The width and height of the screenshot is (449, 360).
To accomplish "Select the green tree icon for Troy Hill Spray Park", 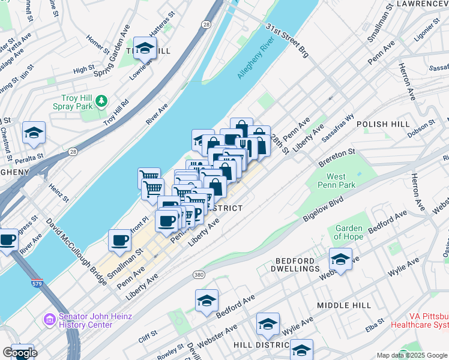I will (103, 100).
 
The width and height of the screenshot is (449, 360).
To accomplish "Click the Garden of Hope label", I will (349, 232).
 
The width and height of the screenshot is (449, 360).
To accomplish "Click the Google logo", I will (20, 353).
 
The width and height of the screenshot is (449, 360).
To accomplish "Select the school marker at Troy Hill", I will (145, 49).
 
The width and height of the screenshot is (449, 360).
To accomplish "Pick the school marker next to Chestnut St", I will (34, 133).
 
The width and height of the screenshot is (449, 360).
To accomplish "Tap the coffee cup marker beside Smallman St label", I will (119, 240).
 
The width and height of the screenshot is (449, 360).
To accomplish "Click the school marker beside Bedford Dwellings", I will (340, 259).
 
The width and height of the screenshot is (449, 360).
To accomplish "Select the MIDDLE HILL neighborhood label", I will (345, 306).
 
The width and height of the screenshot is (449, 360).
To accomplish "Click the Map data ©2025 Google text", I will (411, 355).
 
